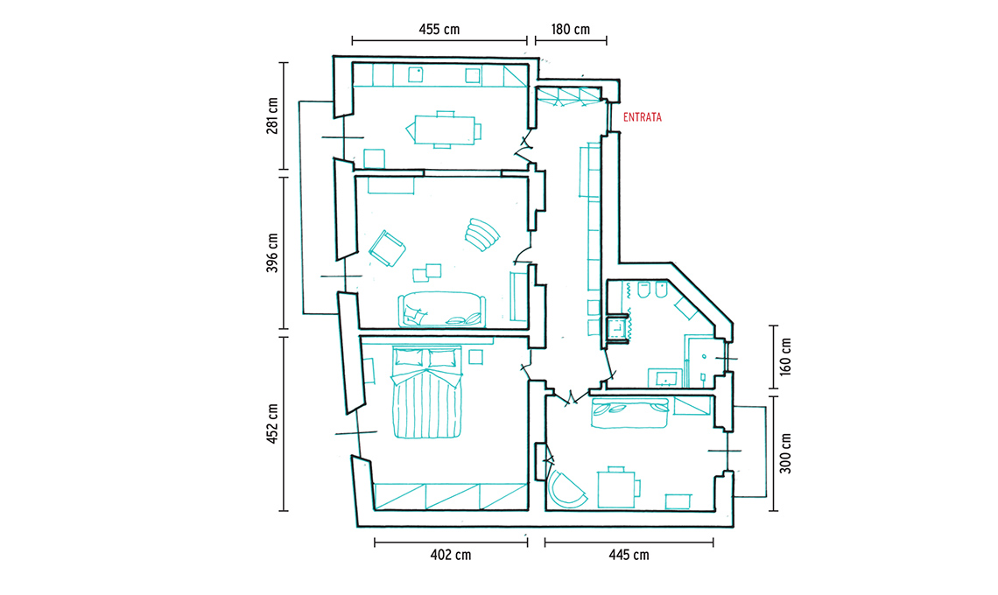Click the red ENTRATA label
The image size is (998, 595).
coord(643,117)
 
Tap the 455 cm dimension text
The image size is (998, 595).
coord(439,29)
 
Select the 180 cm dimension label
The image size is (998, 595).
coord(570,29)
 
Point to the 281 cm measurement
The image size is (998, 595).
coord(272,115)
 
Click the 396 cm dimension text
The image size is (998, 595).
coord(272,253)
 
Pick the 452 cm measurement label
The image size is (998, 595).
coord(272,423)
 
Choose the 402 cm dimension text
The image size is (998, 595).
coord(451,555)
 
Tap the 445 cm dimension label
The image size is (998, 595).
coord(629,555)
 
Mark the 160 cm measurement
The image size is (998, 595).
coord(786,356)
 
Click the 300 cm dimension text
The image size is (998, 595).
coord(786,453)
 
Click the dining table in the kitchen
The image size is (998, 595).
coord(444,129)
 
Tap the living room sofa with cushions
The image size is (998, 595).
coord(441,309)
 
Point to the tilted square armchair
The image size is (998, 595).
coord(387,248)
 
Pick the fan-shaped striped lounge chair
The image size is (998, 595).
coord(481,234)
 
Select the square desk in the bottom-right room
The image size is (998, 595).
coord(616,487)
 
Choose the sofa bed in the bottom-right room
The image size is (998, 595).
coord(629,413)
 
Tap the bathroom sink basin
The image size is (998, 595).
coord(665,378)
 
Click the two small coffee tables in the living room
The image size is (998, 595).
coord(426,272)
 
